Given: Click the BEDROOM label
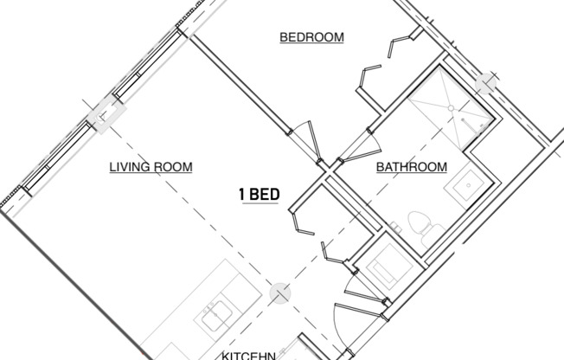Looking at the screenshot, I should (311, 37).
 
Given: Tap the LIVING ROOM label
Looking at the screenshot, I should (151, 167).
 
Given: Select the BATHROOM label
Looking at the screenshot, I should (411, 167).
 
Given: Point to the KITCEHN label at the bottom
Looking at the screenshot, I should (248, 355).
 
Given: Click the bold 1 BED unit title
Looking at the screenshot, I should (259, 194).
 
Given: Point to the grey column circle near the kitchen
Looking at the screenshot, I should (279, 294).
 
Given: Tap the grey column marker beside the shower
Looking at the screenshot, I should (487, 81).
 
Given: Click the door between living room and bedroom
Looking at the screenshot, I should (305, 138).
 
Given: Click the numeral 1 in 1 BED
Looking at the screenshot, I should (242, 194).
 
